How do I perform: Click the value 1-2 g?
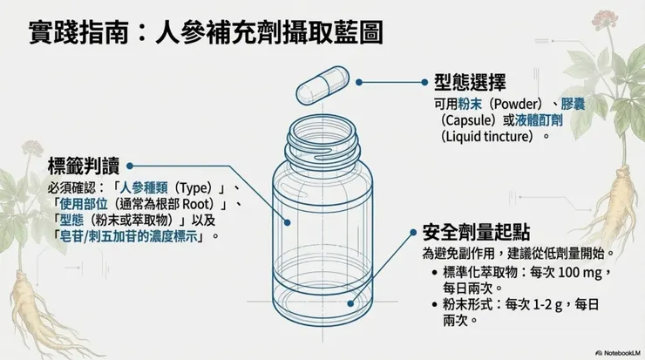coord(556,304)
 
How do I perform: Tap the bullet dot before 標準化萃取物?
coord(433,273)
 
